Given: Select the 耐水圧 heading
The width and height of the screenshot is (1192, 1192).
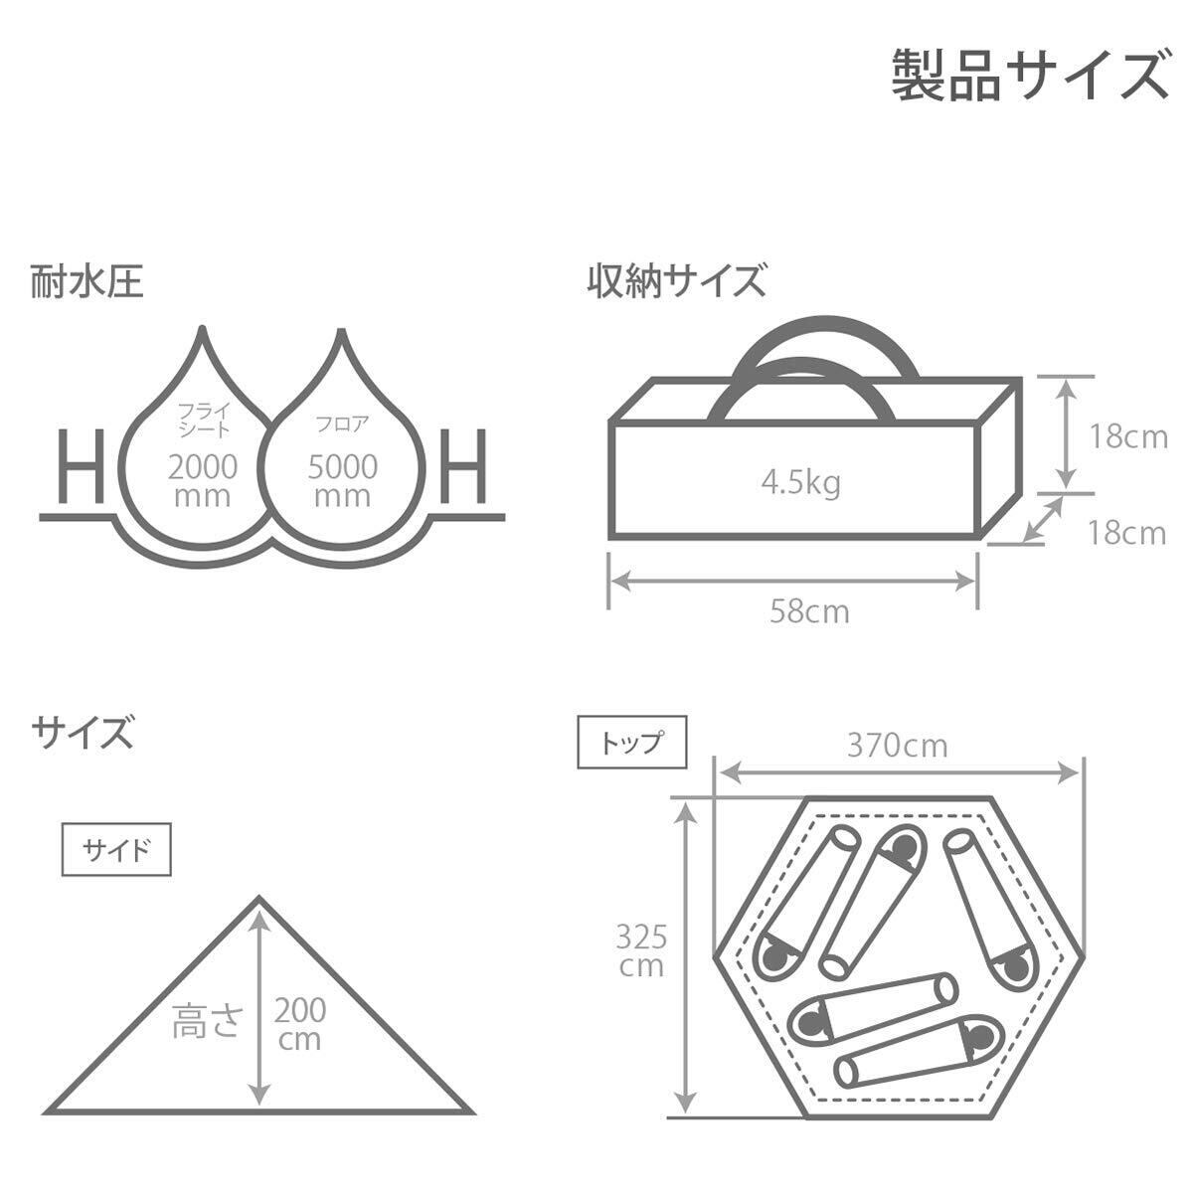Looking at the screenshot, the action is pyautogui.click(x=87, y=281).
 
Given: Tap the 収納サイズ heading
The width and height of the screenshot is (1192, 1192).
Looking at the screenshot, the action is pyautogui.click(x=675, y=281).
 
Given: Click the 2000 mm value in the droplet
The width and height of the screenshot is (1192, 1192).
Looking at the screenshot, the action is pyautogui.click(x=203, y=478).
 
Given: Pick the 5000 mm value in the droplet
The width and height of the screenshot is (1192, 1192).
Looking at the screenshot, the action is pyautogui.click(x=342, y=478).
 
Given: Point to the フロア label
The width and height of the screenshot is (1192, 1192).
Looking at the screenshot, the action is pyautogui.click(x=341, y=422).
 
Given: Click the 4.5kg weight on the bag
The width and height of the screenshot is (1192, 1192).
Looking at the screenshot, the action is pyautogui.click(x=800, y=483).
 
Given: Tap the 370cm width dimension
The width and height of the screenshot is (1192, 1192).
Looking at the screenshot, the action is pyautogui.click(x=897, y=744).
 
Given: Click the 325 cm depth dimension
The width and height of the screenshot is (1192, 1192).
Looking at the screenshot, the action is pyautogui.click(x=640, y=950).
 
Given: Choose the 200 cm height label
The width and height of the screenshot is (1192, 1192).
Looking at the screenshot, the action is pyautogui.click(x=299, y=1025).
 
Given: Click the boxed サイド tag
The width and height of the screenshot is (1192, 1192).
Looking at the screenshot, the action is pyautogui.click(x=116, y=851).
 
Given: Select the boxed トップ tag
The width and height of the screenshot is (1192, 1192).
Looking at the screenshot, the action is pyautogui.click(x=632, y=743).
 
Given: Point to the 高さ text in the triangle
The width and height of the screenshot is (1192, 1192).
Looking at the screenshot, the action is pyautogui.click(x=207, y=1021).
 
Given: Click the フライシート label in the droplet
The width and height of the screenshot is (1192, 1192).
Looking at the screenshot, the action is pyautogui.click(x=203, y=419).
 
